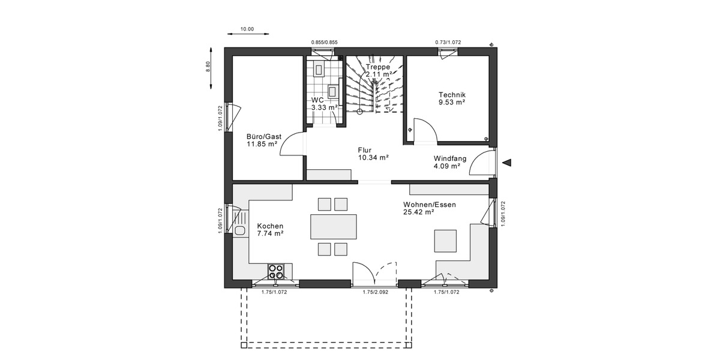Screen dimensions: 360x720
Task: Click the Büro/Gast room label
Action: pos(263,136)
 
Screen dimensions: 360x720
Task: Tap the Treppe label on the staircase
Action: pos(379,67)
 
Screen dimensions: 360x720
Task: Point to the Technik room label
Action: pos(452,95)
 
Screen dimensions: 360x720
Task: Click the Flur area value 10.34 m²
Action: pos(373,158)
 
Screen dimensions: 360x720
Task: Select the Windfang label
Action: pos(450,158)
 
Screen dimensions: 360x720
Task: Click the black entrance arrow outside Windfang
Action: pos(508,162)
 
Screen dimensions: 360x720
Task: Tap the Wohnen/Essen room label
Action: pos(429,205)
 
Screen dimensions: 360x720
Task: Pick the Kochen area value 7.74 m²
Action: pos(270,234)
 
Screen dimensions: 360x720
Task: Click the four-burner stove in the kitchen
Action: pos(277,271)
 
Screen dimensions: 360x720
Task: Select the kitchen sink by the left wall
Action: pos(241,230)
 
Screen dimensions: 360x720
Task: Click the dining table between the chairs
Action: pos(332,227)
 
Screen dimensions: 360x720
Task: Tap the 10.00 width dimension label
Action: pos(247,29)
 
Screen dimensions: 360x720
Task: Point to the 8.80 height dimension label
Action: pos(208,67)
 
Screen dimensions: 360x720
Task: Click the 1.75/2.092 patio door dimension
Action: pos(374,292)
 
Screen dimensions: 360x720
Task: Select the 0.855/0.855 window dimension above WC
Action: pos(324,42)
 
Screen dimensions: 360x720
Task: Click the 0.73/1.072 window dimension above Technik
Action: pos(448,42)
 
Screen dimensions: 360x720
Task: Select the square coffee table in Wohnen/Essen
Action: pos(446,241)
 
